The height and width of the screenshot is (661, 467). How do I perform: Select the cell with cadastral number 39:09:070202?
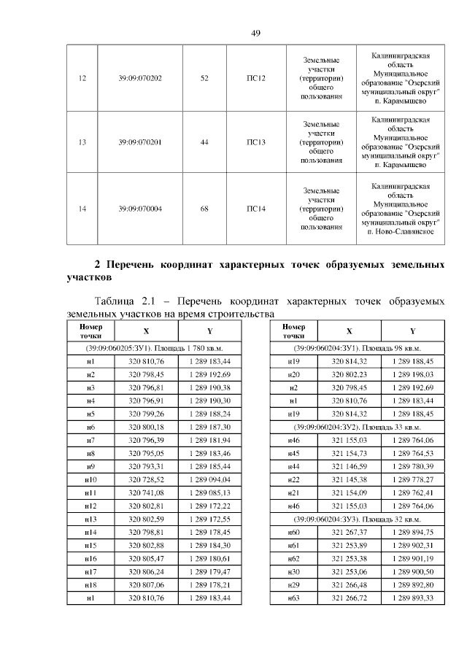click(140, 78)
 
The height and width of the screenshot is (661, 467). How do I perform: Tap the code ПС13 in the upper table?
click(255, 142)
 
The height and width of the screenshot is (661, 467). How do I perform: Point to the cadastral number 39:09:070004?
click(140, 209)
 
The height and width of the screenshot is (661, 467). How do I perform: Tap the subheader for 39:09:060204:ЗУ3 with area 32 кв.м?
click(361, 519)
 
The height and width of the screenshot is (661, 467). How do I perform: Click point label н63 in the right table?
click(293, 598)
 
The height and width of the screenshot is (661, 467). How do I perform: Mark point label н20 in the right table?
click(293, 374)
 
